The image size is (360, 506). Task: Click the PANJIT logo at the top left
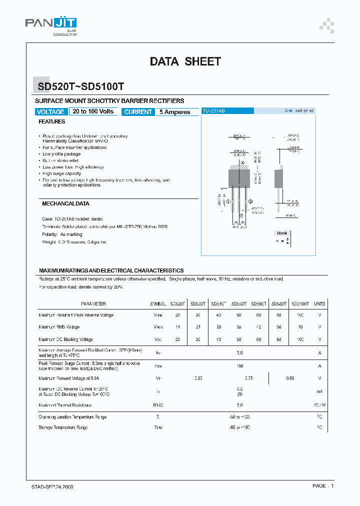tap(51, 23)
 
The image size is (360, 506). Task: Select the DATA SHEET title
tap(185, 61)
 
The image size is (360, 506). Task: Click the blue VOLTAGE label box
tap(50, 112)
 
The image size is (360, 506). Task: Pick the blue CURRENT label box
tap(138, 112)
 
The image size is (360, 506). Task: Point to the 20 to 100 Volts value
tap(93, 111)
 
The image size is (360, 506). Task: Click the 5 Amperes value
tap(174, 112)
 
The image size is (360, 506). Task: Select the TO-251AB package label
tap(214, 110)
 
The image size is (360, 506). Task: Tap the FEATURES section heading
tap(52, 121)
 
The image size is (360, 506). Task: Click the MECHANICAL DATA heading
tap(65, 204)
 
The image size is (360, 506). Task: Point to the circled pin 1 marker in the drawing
tap(229, 201)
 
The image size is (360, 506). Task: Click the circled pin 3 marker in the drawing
tap(250, 201)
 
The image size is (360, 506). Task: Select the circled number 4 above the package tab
tap(243, 163)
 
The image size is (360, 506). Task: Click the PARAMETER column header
tap(93, 304)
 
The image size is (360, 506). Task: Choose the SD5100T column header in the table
tap(299, 304)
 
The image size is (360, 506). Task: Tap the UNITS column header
tap(319, 304)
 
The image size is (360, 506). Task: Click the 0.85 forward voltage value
tap(290, 378)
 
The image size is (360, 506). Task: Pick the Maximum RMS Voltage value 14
tap(177, 327)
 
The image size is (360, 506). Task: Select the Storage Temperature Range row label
tap(63, 427)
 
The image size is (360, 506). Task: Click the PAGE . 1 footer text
tap(322, 486)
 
